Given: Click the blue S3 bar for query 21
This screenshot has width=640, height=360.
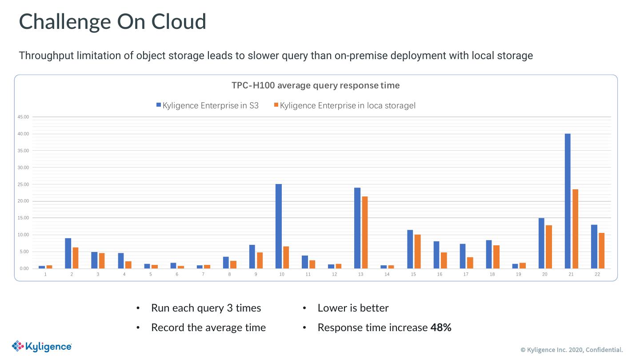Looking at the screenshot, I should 568,201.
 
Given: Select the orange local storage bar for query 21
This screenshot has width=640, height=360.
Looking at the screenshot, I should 576,229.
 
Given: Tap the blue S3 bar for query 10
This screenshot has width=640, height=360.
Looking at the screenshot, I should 279,226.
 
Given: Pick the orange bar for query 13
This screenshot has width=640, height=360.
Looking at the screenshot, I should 365,232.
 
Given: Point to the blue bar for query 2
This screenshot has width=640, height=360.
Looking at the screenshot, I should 68,253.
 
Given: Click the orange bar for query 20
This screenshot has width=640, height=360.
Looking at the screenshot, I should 549,247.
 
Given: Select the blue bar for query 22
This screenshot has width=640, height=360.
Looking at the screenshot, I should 594,247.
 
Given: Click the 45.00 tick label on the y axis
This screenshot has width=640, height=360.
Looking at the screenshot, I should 23,117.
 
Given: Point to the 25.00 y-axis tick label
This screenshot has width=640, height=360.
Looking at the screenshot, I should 23,184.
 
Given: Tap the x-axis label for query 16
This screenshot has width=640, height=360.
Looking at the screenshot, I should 440,275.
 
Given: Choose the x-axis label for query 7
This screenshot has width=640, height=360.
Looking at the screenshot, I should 203,275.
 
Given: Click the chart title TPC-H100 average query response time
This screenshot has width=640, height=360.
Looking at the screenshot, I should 316,85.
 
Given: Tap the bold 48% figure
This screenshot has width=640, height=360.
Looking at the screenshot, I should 441,328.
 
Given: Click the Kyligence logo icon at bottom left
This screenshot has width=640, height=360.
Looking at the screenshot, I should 18,346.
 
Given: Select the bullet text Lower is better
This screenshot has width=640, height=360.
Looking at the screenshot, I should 353,308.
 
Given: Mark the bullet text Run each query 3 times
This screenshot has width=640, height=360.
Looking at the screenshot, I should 206,308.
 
